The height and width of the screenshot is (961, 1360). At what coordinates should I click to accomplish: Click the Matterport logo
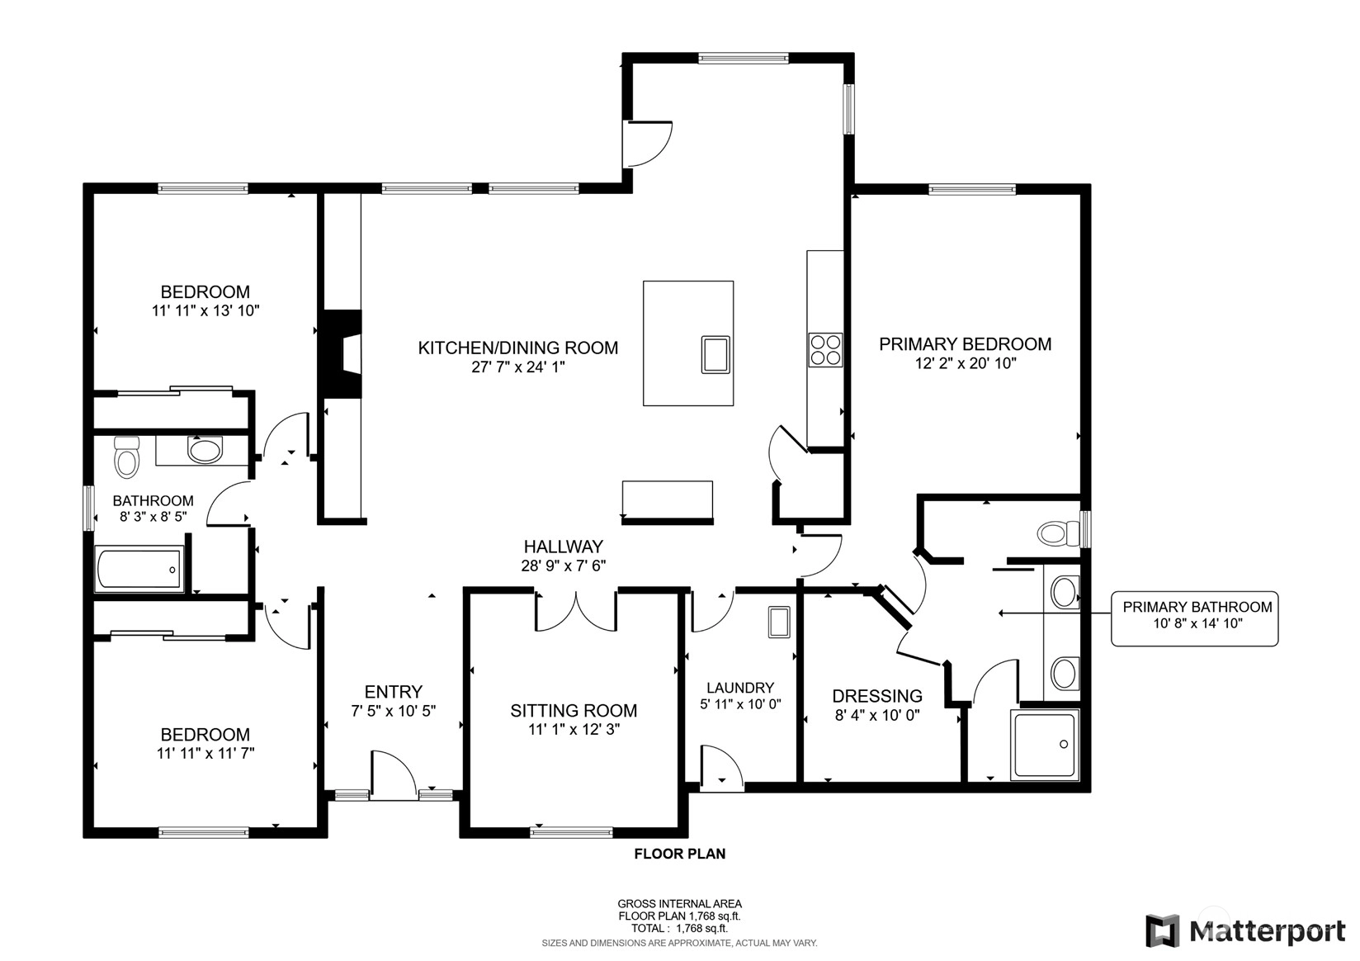pyautogui.click(x=1245, y=930)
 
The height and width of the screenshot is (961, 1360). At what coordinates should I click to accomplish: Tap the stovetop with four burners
pyautogui.click(x=825, y=350)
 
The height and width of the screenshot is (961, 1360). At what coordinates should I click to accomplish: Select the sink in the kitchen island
pyautogui.click(x=715, y=354)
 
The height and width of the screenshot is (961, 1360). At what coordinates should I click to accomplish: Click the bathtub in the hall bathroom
pyautogui.click(x=139, y=569)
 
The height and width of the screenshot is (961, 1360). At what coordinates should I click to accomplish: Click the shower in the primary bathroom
pyautogui.click(x=1045, y=744)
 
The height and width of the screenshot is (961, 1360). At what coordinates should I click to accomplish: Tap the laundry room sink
pyautogui.click(x=779, y=622)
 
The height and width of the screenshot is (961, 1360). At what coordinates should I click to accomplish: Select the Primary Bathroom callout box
pyautogui.click(x=1194, y=618)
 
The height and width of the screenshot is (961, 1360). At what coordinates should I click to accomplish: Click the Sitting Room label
pyautogui.click(x=574, y=710)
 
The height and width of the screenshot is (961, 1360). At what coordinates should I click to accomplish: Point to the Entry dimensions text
pyautogui.click(x=394, y=711)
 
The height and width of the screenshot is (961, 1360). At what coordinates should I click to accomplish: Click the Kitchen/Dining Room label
pyautogui.click(x=518, y=348)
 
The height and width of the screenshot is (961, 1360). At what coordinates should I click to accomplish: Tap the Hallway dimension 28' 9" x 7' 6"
pyautogui.click(x=564, y=566)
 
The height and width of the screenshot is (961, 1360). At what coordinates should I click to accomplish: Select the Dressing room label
pyautogui.click(x=877, y=695)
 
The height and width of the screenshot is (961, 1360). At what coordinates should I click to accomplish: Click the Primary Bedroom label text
pyautogui.click(x=966, y=343)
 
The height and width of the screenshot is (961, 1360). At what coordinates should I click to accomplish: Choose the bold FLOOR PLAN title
pyautogui.click(x=680, y=854)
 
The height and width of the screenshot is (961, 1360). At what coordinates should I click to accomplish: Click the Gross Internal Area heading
pyautogui.click(x=679, y=903)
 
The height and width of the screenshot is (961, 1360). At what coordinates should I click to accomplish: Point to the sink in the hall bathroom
pyautogui.click(x=205, y=450)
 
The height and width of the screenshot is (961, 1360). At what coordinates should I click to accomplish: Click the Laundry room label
pyautogui.click(x=740, y=687)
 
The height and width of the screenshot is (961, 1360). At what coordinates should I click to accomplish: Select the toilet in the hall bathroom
pyautogui.click(x=126, y=457)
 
